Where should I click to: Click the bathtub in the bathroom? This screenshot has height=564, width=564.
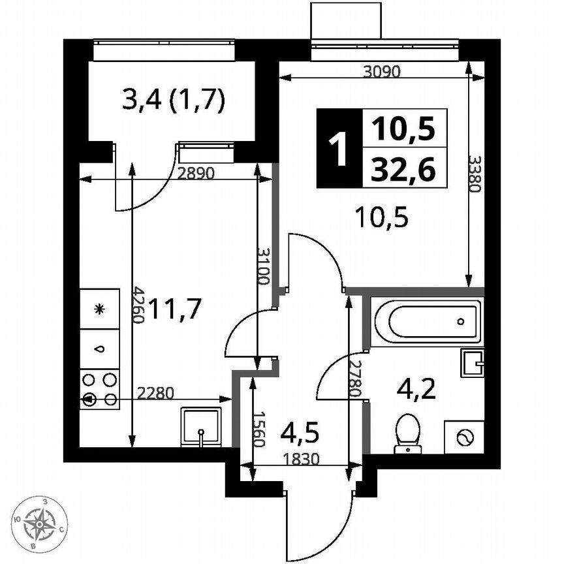coord(428,322)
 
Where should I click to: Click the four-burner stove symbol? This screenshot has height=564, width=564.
coord(100,389)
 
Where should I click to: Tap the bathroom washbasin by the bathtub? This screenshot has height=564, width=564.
coord(473,362)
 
